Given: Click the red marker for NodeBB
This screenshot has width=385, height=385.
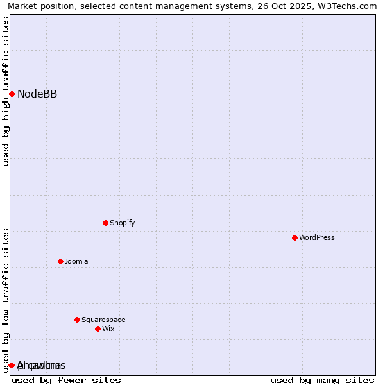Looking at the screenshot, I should point(12,94).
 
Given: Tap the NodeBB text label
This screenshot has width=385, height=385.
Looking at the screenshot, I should point(37,94).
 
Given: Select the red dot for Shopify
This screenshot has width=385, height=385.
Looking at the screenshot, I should point(105,223).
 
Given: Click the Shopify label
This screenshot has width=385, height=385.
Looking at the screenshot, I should point(122,223).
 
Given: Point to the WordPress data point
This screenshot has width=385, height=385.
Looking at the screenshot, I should point(295,237).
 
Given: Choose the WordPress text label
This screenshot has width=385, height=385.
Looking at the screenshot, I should point(317,238).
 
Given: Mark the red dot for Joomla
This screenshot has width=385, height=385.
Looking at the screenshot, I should point(60,261).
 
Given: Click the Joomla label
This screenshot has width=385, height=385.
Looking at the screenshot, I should point(76,262).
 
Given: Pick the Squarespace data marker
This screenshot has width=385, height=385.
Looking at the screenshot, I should point(77,320).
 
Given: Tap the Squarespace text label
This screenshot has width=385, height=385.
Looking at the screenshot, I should point(103,320).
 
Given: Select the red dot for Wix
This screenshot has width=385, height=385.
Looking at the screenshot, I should point(98,329).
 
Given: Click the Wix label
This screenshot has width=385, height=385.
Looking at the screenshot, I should point(108,329).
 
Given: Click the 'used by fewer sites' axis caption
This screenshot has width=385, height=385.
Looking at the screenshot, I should point(66,380).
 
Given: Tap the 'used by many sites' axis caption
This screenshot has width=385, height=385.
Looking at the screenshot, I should point(322,380).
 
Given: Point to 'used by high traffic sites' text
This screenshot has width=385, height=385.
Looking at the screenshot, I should point(6,91).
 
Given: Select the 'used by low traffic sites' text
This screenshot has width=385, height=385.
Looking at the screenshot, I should point(6,300).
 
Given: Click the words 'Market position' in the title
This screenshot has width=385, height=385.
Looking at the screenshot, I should point(38,6).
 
